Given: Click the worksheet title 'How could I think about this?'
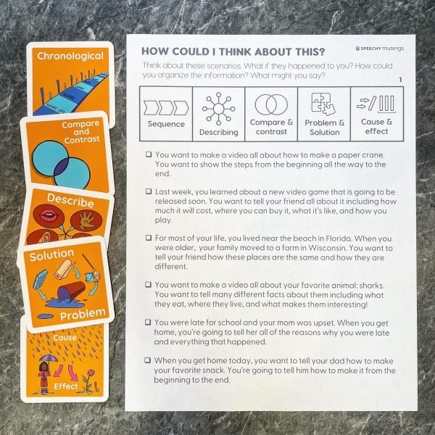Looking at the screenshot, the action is [x=233, y=52].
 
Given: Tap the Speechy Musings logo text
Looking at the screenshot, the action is [x=379, y=49].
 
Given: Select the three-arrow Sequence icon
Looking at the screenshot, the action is [x=166, y=108].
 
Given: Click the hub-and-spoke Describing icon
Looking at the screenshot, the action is [x=219, y=109].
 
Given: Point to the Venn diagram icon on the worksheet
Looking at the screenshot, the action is [x=271, y=104].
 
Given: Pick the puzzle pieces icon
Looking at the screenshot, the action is [x=323, y=104].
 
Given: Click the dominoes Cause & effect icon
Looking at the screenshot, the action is [x=376, y=104].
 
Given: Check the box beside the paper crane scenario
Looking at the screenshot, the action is [x=149, y=154].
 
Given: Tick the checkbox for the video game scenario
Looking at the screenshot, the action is [x=149, y=191].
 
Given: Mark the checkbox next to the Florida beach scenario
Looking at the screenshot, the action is [x=149, y=238].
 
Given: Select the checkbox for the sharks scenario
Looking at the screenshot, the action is [x=149, y=284].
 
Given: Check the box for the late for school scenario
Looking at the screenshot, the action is [x=148, y=322].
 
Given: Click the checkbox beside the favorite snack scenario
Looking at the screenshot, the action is [x=148, y=360].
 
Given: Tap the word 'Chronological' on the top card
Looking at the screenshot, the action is [x=70, y=56].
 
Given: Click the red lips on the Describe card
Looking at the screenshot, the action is [x=48, y=215].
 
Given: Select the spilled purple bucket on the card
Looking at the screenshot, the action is [x=71, y=291].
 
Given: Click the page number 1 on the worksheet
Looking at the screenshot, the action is [x=400, y=80].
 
